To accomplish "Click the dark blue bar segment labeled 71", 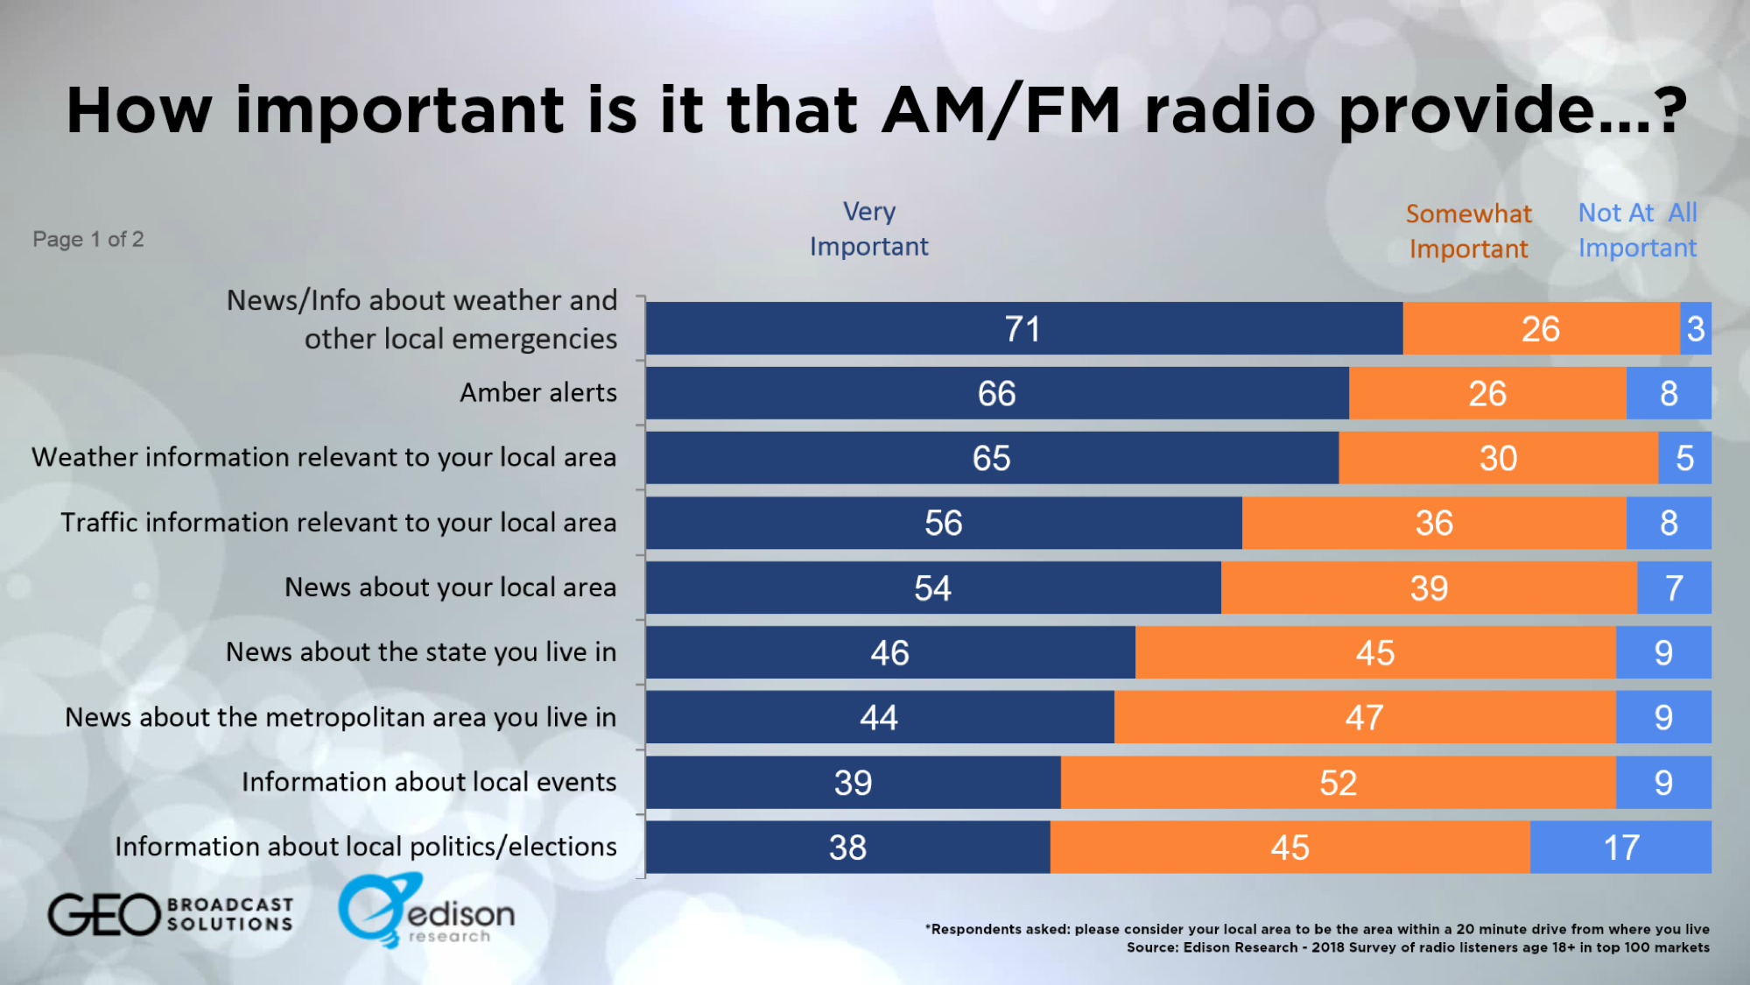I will point(1023,329).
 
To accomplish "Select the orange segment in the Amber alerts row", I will point(1487,394).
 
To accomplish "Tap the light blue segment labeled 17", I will point(1620,848).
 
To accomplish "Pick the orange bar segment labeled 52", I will point(1338,783).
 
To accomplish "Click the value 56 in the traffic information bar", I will point(943,524).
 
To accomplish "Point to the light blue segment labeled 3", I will point(1696,329).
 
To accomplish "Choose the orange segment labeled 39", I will point(1429,588).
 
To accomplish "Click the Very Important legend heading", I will point(868,229).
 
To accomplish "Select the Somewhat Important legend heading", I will point(1468,231).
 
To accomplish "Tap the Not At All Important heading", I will point(1637,230).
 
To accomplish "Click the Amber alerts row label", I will point(538,393).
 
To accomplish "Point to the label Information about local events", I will point(429,782).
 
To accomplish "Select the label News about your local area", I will point(450,587).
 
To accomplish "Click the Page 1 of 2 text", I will point(88,239).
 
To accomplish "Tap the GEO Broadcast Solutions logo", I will point(171,914).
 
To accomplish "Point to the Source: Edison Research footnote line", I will point(1417,948).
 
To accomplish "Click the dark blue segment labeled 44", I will point(879,718).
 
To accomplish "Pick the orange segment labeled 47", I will point(1364,718).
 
